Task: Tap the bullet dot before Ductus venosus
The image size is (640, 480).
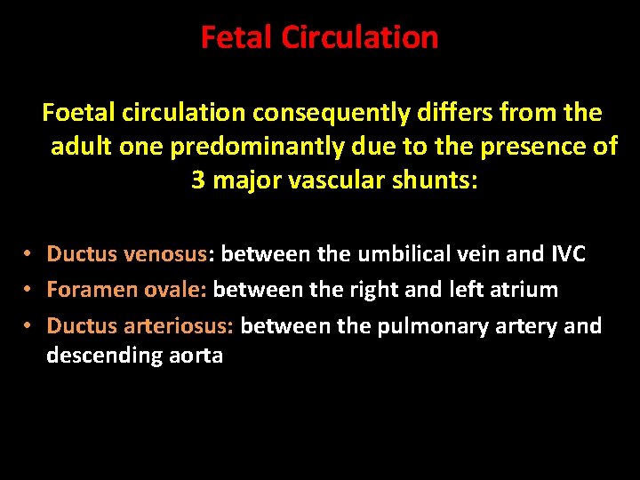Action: [29, 254]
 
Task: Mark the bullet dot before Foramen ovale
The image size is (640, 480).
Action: [29, 290]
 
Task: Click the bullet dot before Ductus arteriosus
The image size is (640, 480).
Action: [29, 326]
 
